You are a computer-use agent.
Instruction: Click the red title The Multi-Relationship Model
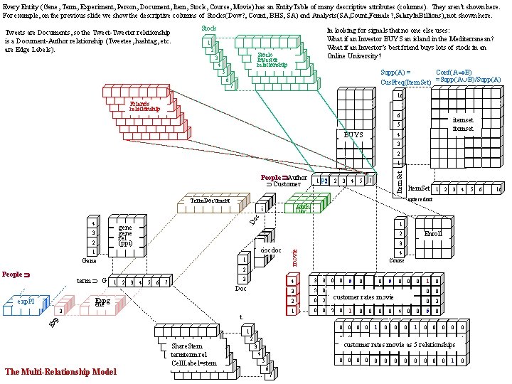60,371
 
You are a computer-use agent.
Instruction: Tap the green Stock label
208,28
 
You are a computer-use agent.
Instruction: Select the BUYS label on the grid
353,134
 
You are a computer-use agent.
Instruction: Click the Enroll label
432,233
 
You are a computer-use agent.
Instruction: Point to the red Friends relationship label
144,107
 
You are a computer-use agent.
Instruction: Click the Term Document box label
210,201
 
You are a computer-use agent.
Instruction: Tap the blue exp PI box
26,301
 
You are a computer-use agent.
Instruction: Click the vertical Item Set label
399,178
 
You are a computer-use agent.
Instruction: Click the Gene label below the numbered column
89,261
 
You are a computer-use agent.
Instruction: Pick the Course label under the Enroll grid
398,260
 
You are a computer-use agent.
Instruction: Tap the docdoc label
271,250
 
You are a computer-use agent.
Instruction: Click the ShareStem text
186,346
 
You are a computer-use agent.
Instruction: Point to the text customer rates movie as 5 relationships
399,345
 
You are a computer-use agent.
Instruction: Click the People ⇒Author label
284,177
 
